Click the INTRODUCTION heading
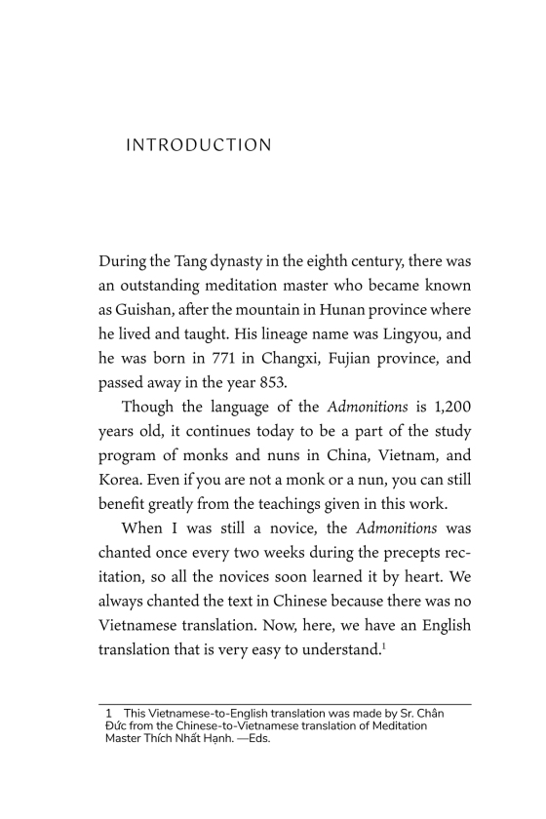pyautogui.click(x=199, y=146)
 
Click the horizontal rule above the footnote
pyautogui.click(x=286, y=704)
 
